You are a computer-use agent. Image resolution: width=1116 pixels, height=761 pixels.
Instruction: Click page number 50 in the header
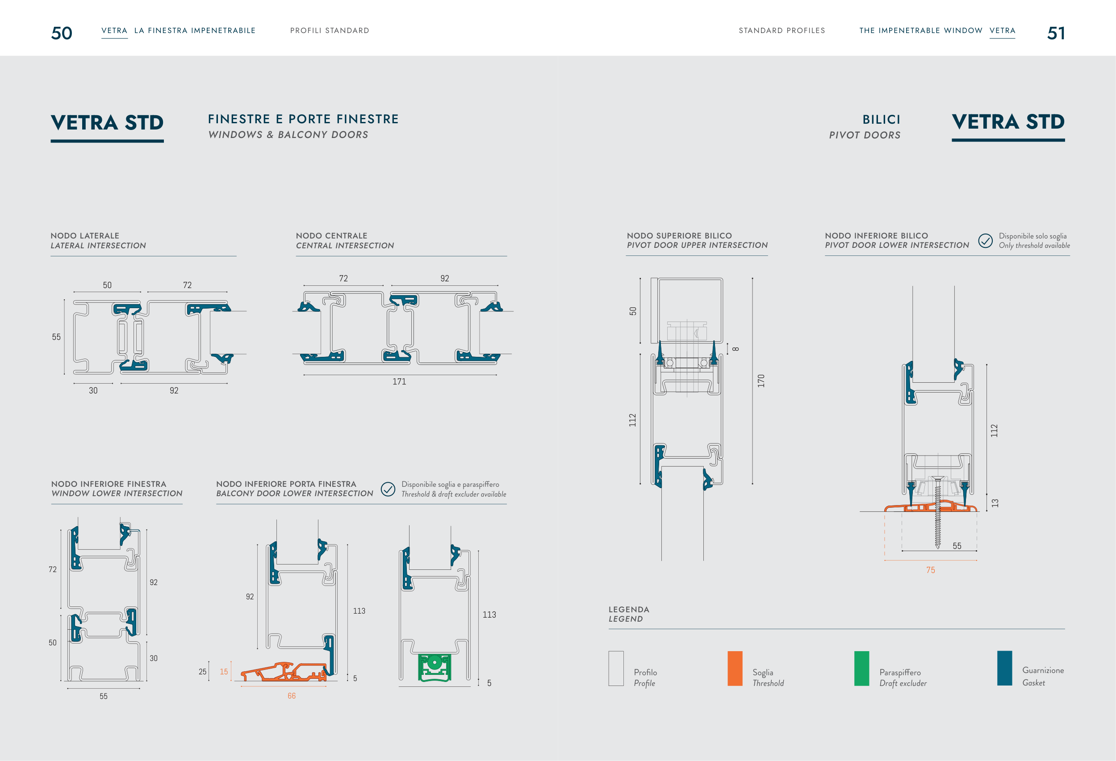tap(62, 33)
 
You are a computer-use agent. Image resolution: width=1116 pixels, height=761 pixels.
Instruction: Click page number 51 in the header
tap(1056, 33)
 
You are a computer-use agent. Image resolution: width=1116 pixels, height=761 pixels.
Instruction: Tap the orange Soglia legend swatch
tap(735, 669)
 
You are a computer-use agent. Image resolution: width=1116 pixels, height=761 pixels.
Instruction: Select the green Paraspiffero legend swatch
tap(861, 669)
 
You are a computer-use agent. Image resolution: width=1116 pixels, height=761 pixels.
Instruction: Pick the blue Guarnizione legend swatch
tap(1005, 668)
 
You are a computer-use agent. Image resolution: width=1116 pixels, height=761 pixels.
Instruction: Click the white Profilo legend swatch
tap(616, 669)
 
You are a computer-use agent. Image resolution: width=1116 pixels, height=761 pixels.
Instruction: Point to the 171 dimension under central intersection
tap(399, 382)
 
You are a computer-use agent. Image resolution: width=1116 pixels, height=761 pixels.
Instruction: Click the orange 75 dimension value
tap(931, 570)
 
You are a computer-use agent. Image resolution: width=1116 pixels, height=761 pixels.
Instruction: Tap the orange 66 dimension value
tap(292, 696)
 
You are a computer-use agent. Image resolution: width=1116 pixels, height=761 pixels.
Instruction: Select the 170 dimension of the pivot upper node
tap(761, 381)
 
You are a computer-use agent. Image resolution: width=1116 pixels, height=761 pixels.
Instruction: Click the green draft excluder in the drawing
tap(435, 667)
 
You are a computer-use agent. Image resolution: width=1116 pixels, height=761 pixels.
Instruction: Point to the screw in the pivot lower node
tap(937, 512)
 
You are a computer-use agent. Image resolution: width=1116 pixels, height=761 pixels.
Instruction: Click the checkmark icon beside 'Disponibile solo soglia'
tap(986, 241)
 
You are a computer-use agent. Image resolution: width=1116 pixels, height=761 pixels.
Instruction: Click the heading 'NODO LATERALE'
tap(85, 236)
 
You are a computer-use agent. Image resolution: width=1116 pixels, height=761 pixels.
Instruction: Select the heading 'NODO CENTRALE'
tap(331, 236)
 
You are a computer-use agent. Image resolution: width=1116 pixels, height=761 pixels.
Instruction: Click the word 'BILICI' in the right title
tap(881, 120)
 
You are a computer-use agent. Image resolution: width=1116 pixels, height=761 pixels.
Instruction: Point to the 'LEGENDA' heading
tap(629, 610)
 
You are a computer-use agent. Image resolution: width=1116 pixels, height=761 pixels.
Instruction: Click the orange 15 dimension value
tap(224, 672)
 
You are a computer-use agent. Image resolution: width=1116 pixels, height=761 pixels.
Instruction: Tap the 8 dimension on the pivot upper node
tap(736, 349)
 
